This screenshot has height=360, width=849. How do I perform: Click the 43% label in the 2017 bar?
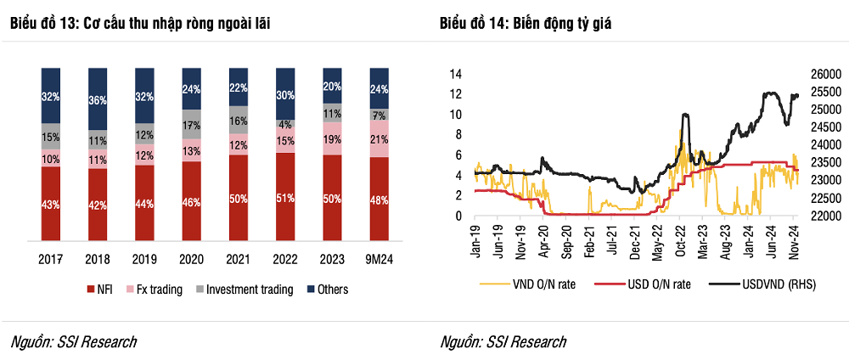[51, 205]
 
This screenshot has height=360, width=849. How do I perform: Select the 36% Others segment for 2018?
[98, 99]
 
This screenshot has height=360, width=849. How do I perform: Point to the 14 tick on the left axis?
[455, 74]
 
